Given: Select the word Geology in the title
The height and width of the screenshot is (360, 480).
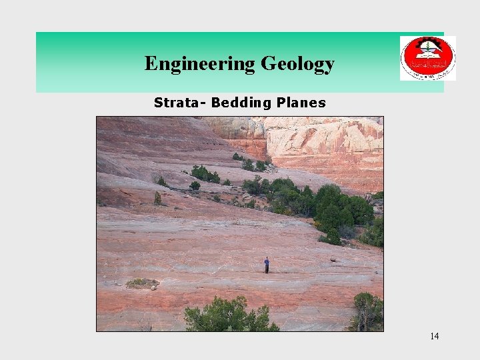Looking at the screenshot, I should coord(297,64).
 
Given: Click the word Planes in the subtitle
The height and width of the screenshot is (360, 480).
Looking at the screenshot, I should coord(302,103).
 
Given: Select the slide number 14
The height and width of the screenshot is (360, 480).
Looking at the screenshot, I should coord(434,336).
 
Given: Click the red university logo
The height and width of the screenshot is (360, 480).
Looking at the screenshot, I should coord(427,58).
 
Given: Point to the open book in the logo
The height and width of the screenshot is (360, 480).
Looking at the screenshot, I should coord(427,56).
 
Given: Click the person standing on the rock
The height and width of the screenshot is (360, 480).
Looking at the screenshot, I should coord(267,265).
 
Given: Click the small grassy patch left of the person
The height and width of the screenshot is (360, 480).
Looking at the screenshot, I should coord(142,283).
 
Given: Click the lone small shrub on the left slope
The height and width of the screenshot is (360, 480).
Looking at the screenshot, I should coord(158,197).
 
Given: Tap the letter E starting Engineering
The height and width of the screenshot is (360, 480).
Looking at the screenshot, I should coord(151,64).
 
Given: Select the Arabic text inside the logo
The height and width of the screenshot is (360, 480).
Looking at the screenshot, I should coord(427,65).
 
